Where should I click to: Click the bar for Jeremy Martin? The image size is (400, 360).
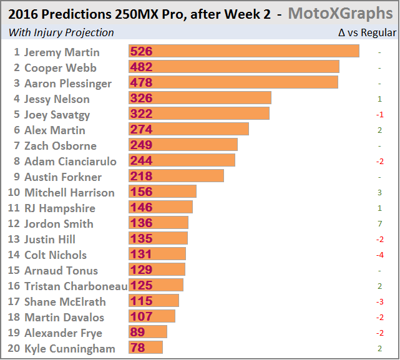243,52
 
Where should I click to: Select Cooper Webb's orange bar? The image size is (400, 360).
233,67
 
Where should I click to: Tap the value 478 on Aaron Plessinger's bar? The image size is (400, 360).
142,83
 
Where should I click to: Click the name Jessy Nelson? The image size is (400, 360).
57,99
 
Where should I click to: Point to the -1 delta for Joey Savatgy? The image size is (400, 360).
379,115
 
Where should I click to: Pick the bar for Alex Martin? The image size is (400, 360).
188,130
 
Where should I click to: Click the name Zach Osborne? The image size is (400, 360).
60,146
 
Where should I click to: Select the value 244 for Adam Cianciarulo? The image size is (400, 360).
142,161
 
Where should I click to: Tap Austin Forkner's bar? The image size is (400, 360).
176,177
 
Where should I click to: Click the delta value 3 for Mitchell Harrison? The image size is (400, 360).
379,193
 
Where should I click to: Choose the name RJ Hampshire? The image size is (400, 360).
59,208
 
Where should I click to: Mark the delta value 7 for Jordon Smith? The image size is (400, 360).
379,224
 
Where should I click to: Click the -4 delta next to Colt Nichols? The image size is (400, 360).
379,255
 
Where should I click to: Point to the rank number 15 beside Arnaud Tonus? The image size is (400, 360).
14,271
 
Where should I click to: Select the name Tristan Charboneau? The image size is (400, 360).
76,286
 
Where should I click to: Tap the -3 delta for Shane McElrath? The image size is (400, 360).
379,302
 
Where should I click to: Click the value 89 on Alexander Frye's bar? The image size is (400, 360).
138,333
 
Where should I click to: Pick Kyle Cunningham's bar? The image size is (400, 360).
145,348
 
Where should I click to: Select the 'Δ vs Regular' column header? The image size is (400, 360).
367,32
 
